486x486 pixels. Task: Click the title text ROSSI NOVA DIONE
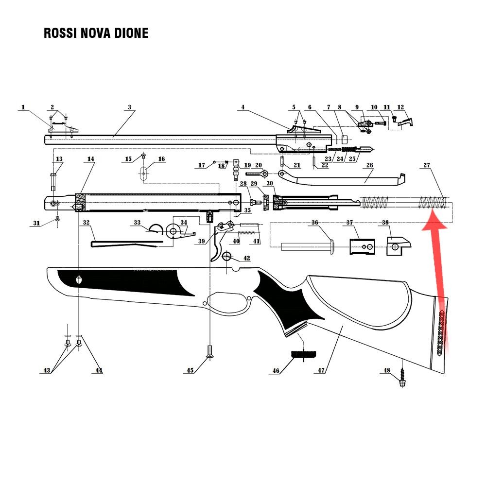coord(96,33)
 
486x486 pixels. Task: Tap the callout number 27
coord(427,166)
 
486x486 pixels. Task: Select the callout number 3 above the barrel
coord(130,107)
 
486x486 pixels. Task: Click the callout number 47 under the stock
coord(321,370)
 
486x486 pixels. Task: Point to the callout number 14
coord(90,159)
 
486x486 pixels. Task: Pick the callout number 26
coord(369,165)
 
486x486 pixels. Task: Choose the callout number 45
coord(191,370)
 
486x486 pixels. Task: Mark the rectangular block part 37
coord(361,245)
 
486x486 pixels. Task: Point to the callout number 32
coord(86,223)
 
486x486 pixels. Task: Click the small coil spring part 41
coord(249,232)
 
